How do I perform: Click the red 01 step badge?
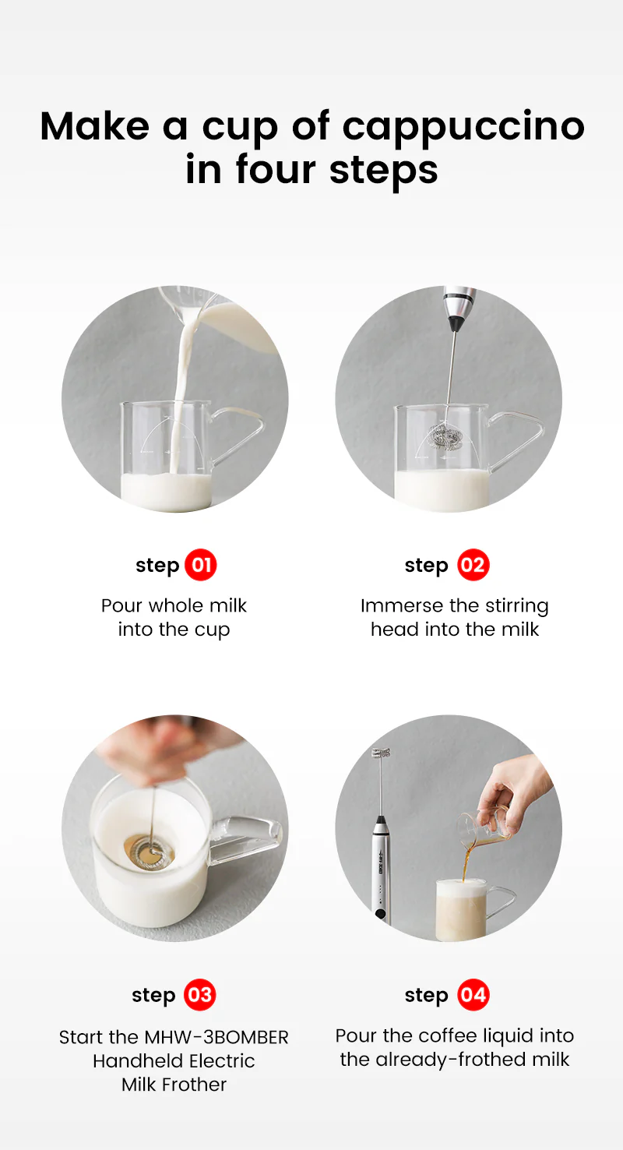[201, 565]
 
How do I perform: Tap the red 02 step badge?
[473, 565]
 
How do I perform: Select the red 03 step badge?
[199, 995]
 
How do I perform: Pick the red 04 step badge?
[473, 995]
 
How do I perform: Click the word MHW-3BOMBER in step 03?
[216, 1037]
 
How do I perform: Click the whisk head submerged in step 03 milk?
[150, 850]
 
